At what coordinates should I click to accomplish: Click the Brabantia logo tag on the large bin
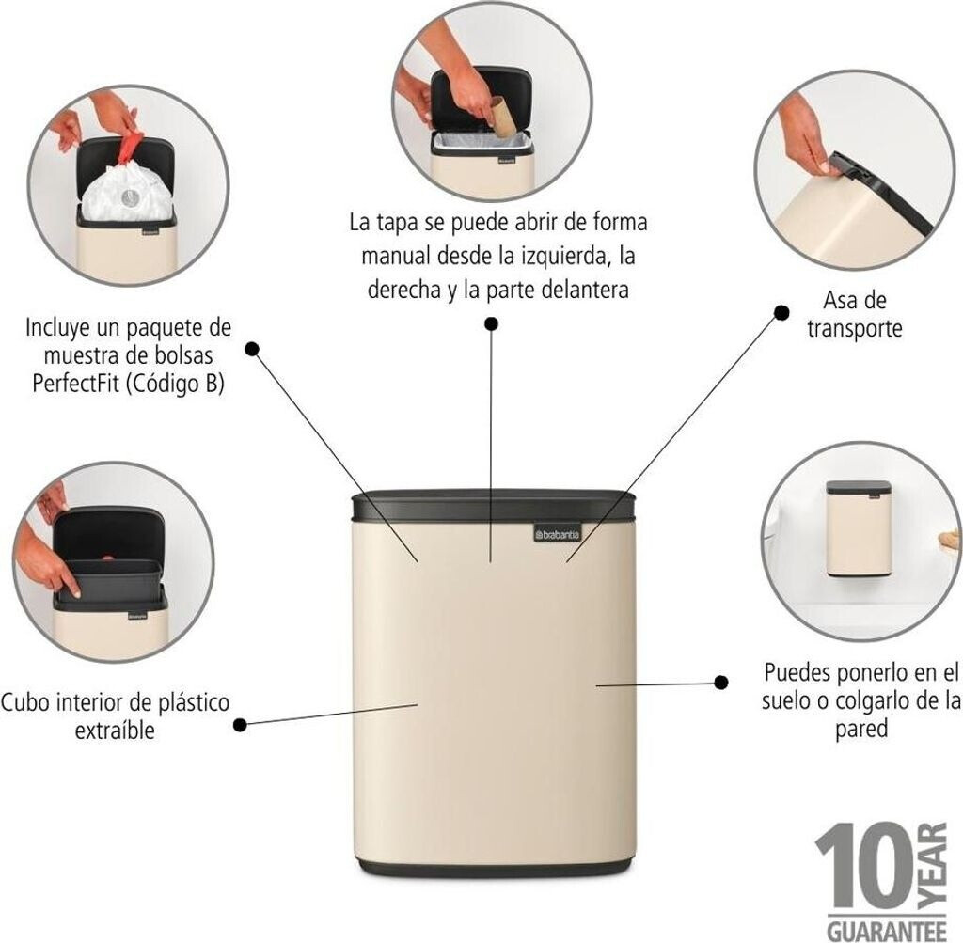557,534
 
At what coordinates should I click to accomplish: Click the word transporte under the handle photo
854,328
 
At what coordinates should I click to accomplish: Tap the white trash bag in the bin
126,194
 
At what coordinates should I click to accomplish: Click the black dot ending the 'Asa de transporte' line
781,313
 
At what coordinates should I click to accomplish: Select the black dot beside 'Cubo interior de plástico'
240,725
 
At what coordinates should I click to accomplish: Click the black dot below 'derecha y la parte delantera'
491,323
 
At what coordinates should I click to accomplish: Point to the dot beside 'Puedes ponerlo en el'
721,682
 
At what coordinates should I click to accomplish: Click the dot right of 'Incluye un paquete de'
252,349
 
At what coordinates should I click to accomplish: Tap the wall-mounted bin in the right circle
859,528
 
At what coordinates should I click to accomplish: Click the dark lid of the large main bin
495,504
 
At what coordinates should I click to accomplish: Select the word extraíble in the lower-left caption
115,731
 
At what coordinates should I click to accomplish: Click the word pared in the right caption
861,729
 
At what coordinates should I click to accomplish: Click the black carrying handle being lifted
878,191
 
